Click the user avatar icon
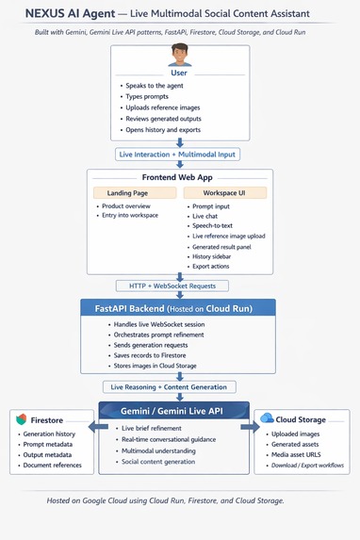[x=179, y=57]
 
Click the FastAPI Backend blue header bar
[x=179, y=308]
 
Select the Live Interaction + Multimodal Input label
[x=179, y=154]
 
